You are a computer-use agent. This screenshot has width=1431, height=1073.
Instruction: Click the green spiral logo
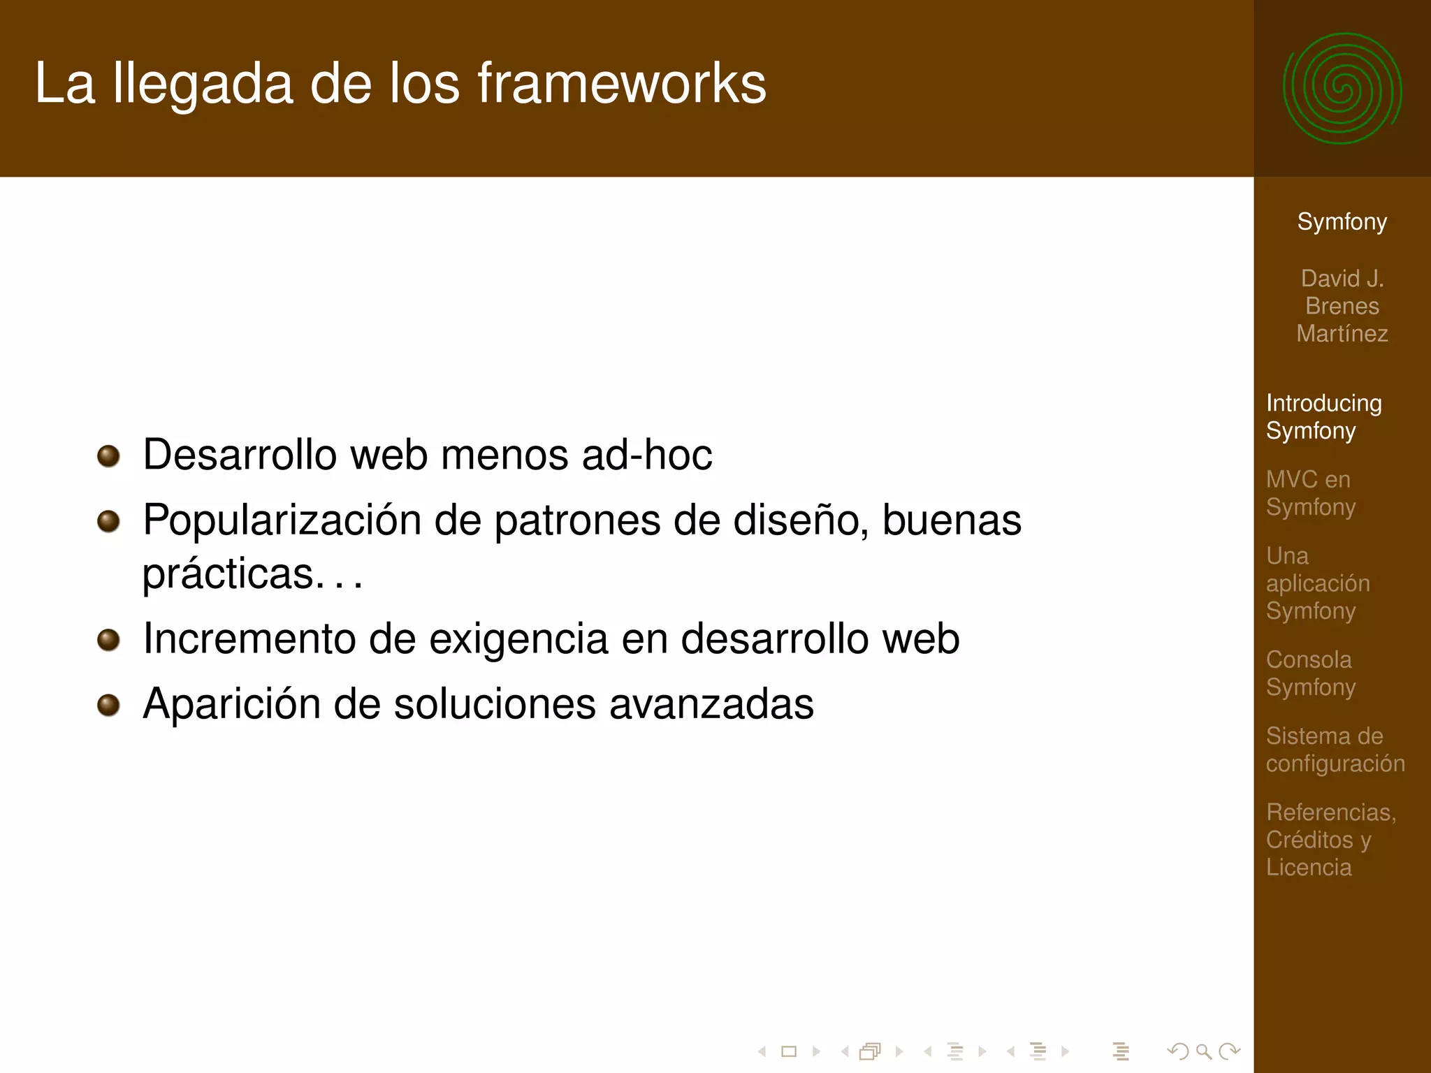(1342, 89)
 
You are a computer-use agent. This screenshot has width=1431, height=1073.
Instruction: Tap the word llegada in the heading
(203, 85)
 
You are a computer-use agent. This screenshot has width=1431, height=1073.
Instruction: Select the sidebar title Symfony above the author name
(1342, 221)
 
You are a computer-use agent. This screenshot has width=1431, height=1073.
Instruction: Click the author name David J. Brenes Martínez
(1342, 306)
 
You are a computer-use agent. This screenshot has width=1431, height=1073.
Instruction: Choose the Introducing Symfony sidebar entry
(1323, 416)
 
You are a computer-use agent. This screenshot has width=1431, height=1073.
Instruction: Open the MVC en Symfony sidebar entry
(1310, 492)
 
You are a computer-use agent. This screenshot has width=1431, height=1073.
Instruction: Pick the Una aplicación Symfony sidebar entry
(1317, 583)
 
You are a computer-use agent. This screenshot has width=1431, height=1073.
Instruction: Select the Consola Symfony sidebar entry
(1310, 673)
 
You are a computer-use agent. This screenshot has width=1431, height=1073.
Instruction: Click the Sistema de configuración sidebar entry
(1335, 749)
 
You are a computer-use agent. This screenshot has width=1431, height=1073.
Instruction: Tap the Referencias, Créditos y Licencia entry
(1330, 839)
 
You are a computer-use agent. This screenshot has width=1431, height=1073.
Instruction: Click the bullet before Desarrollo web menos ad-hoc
(108, 456)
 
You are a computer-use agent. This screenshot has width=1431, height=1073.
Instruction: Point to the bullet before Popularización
(108, 521)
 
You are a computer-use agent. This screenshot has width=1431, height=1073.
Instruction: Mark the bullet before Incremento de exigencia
(108, 639)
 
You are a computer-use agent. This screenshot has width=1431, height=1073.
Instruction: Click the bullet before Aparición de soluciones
(108, 704)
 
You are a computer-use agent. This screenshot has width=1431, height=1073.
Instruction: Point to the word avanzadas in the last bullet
(711, 703)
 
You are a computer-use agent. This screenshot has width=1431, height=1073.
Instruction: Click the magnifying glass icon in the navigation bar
(1203, 1051)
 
